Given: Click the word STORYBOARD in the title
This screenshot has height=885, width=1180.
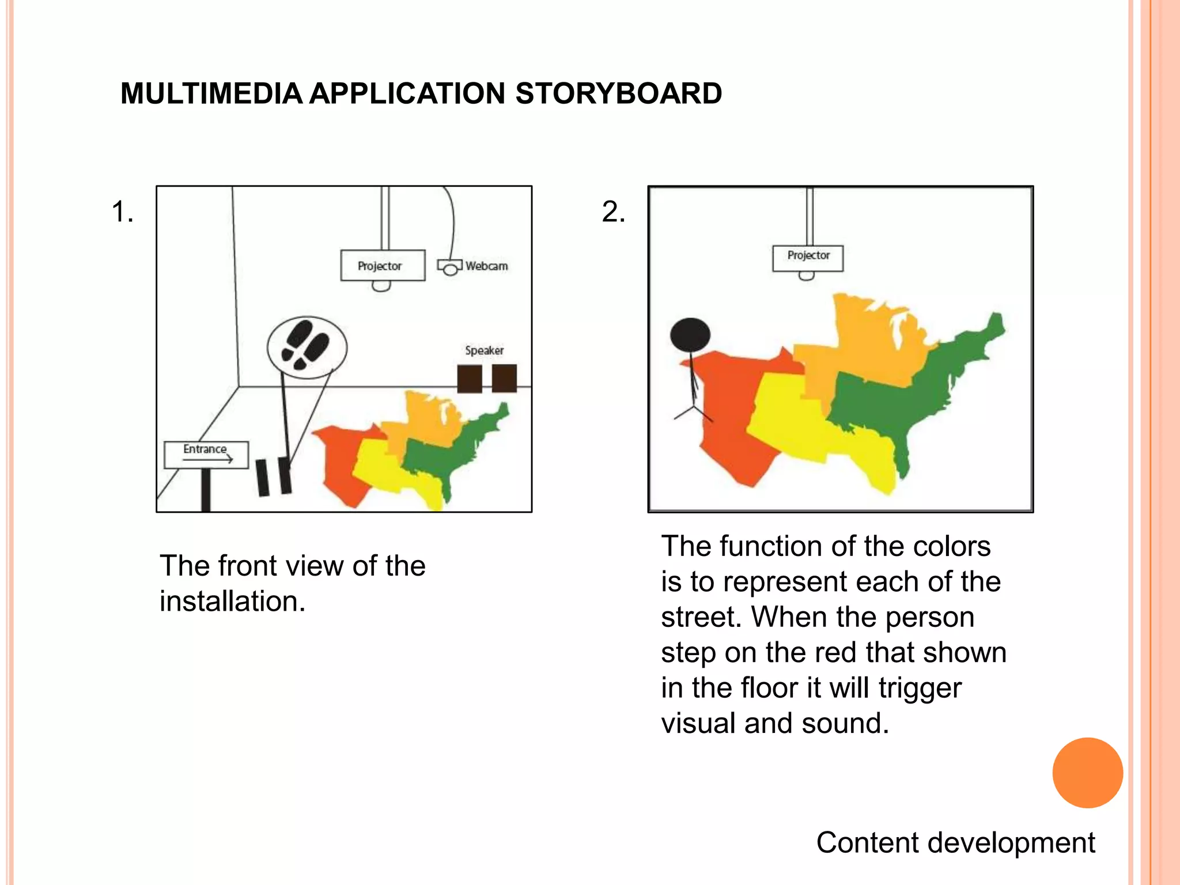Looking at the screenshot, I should (618, 94).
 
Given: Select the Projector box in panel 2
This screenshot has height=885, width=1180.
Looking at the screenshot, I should (808, 257).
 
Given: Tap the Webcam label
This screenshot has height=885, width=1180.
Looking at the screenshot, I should (487, 266).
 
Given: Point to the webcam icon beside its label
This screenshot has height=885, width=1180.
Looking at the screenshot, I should (449, 267).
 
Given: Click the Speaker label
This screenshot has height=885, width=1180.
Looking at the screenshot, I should (484, 350).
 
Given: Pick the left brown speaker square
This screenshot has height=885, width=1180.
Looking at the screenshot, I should (470, 379).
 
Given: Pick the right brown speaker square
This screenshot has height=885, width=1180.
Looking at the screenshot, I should (504, 378).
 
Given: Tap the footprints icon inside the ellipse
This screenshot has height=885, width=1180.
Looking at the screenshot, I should (305, 345).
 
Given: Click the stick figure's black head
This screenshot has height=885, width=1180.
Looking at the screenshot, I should (690, 334).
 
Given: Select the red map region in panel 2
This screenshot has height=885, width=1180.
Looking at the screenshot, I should (726, 421).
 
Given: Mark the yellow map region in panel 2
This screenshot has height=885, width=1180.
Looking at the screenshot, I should (801, 421).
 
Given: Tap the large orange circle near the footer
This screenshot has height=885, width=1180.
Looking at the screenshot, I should (1087, 773).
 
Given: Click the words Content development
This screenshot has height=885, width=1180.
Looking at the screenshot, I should (955, 842).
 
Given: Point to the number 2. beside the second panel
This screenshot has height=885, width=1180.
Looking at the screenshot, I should (613, 211).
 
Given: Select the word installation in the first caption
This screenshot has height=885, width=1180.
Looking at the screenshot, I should (232, 602).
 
